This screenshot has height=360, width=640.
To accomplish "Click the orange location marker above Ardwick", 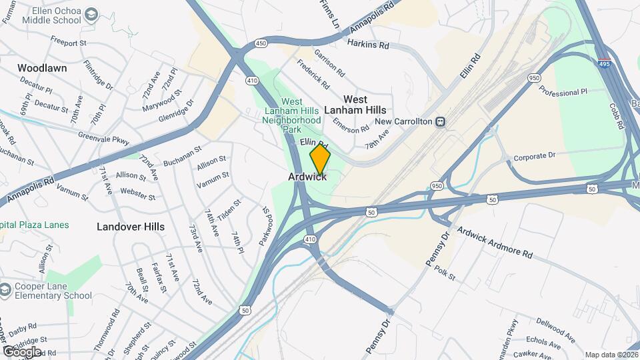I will pos(320,159).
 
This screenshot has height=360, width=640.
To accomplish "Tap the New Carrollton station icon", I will pos(440,121).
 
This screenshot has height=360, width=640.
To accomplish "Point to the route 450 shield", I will pos(261,44).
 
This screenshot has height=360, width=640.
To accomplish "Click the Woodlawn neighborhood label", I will pos(41,68).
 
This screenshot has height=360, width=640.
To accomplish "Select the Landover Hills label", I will pos(131,227).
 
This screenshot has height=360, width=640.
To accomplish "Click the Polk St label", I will pos(444,271).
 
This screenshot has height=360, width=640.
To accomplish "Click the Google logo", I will pos(21,351).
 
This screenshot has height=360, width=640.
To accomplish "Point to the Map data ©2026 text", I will pos(611,355).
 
